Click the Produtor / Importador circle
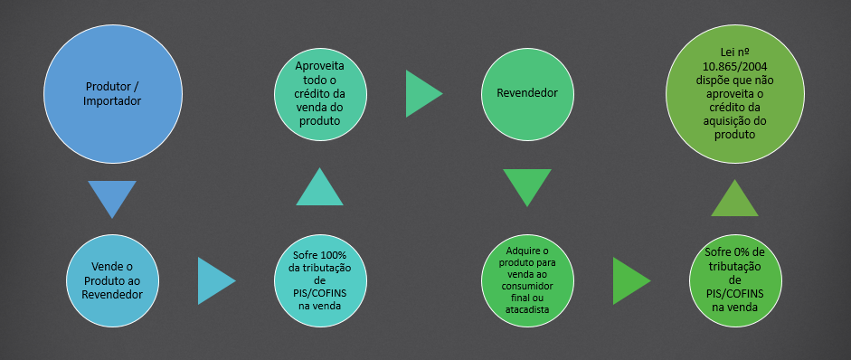point(112,93)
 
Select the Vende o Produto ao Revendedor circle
point(112,280)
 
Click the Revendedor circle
point(527,93)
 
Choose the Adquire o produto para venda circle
point(527,280)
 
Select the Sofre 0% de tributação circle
point(735,280)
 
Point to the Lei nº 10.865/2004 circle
point(735,93)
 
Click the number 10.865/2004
point(735,67)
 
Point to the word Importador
point(112,101)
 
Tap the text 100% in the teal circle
point(335,255)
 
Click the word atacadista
point(527,310)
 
